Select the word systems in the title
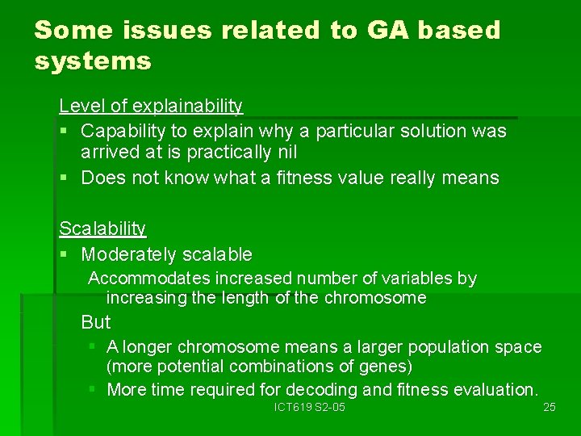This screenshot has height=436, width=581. [x=93, y=61]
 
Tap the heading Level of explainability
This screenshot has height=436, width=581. [x=151, y=106]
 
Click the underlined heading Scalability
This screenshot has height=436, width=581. [x=102, y=229]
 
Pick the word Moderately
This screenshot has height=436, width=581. [x=130, y=254]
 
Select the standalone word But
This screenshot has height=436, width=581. [x=96, y=322]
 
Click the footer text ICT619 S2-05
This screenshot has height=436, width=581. [x=309, y=407]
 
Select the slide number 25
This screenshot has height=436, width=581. [x=549, y=407]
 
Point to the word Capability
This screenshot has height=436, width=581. [x=125, y=131]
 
